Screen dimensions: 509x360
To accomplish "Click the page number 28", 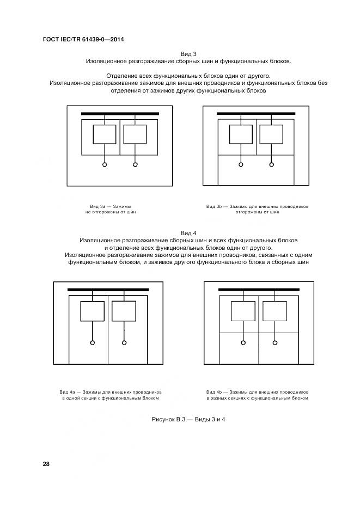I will coord(46,464).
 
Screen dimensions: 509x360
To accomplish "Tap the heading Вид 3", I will coord(188,53).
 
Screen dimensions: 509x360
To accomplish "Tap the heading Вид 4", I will coord(188,232).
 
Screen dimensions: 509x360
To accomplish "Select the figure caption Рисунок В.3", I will coord(188,419).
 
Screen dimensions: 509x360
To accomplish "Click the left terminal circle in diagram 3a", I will coord(105,164).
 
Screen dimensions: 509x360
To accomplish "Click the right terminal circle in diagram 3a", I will coord(135,164).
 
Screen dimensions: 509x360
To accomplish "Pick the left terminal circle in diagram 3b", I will coord(241,164).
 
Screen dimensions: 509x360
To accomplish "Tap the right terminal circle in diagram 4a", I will coord(124,342).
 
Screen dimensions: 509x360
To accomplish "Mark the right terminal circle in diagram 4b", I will coord(275,342).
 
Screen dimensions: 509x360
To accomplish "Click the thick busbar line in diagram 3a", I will coord(120,114).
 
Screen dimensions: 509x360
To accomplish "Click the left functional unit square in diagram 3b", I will coord(241,134).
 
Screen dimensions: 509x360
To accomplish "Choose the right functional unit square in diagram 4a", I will coord(124,311).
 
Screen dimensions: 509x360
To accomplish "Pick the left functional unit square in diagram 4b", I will coord(243,311).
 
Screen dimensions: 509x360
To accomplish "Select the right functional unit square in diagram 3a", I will coord(135,134).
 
